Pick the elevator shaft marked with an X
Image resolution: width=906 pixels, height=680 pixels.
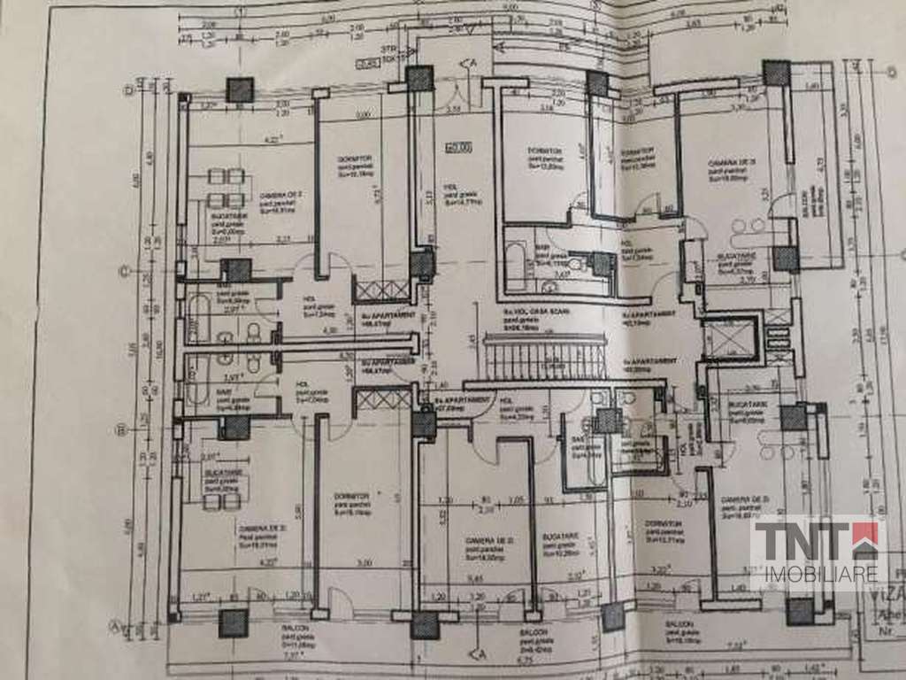729,336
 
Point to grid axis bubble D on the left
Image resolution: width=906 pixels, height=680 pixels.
128,89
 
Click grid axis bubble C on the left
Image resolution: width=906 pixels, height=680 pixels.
126,271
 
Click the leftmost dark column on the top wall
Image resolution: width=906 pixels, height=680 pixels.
239,89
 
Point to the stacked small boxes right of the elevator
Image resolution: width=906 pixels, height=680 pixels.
776,336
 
